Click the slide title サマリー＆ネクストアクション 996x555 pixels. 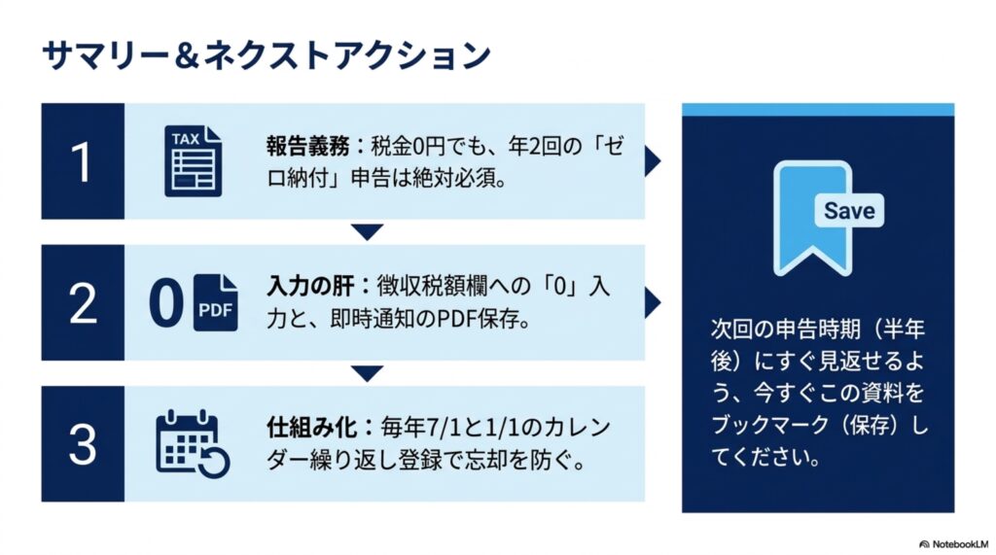point(267,55)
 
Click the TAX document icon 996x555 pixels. point(194,161)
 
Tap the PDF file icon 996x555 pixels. point(215,303)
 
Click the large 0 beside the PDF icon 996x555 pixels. point(166,304)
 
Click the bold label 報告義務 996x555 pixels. point(308,147)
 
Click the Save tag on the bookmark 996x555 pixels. point(849,210)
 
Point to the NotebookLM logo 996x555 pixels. point(953,544)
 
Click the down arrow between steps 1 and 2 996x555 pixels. point(367,231)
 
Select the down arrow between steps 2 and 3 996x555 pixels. point(367,372)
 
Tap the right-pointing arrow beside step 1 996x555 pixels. point(653,161)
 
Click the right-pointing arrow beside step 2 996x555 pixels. point(653,303)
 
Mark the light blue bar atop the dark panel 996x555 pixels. point(818,109)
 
